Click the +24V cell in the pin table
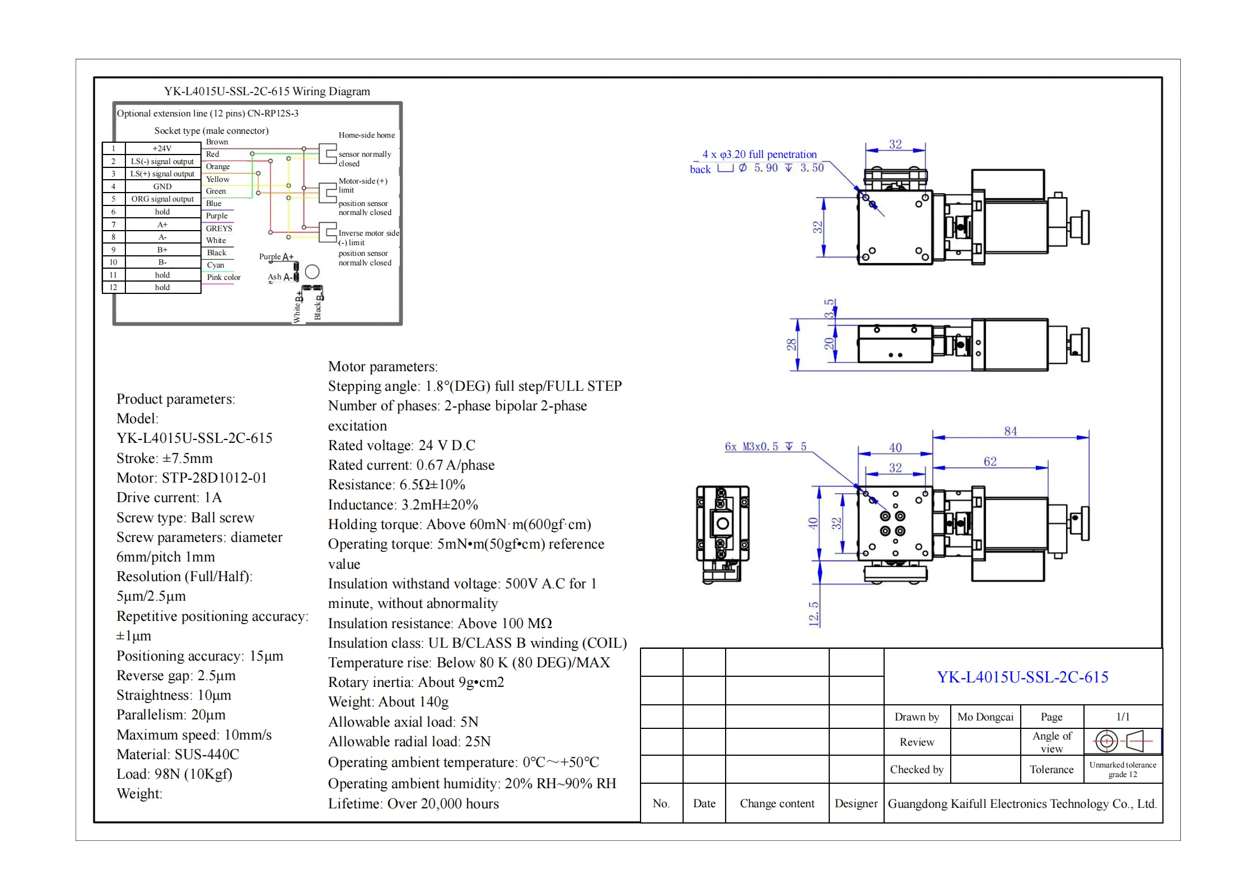tap(162, 148)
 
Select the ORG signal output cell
tap(162, 199)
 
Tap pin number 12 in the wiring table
tap(113, 287)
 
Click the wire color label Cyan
tap(216, 265)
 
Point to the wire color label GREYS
tap(219, 228)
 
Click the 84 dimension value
tap(1010, 431)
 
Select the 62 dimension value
tap(990, 461)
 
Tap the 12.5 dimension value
tap(814, 614)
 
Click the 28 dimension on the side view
tap(791, 344)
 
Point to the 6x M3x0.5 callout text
tap(765, 446)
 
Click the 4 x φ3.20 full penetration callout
tap(759, 154)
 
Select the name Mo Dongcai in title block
tap(985, 717)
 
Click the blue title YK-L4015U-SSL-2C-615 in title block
tap(1022, 677)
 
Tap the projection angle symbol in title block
tap(1122, 741)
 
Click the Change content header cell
tap(777, 803)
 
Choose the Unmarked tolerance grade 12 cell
tap(1122, 769)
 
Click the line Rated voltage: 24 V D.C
tap(401, 445)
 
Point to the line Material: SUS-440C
tap(177, 754)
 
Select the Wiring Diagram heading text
tap(267, 91)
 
